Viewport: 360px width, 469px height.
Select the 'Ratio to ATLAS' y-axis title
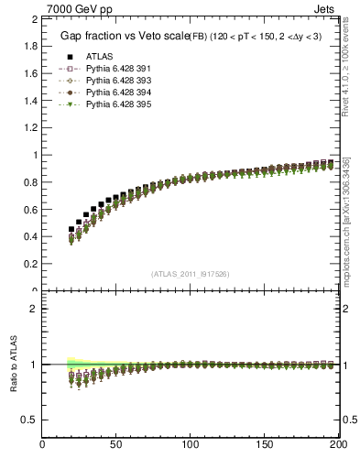click(x=14, y=365)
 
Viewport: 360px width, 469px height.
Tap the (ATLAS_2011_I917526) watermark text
click(x=191, y=274)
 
